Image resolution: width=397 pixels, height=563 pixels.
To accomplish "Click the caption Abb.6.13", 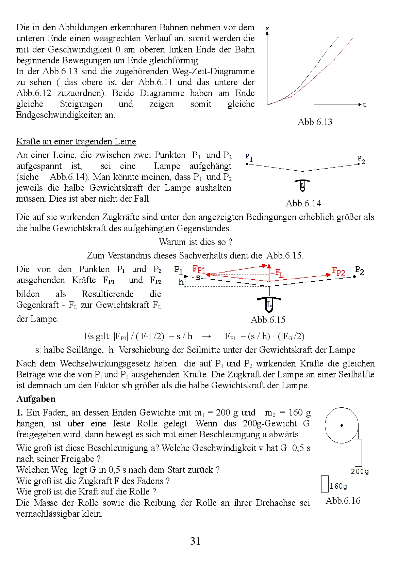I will [x=315, y=122].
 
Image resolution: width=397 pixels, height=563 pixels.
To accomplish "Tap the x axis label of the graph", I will [x=267, y=29].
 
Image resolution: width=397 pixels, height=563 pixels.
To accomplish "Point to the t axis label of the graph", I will [x=364, y=105].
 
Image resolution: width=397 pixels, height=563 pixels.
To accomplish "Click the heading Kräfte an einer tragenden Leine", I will [x=76, y=141].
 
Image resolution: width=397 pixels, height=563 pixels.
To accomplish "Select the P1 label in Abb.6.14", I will [x=249, y=158].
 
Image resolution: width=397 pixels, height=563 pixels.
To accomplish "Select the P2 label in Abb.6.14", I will [x=361, y=159].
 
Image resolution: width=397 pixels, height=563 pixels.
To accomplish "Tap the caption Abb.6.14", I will [x=303, y=203].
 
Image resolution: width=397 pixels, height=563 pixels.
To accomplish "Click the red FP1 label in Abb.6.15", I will [x=199, y=270].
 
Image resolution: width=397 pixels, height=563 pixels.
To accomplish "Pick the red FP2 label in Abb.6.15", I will [x=338, y=272].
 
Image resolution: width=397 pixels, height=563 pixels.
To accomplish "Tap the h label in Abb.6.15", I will [x=181, y=282].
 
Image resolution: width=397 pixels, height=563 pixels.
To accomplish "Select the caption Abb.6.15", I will [x=268, y=320].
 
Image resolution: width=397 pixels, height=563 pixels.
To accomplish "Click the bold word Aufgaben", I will [x=36, y=399].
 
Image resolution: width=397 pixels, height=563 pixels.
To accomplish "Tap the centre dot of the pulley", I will [x=342, y=425].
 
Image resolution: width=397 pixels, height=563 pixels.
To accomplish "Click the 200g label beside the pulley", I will [x=360, y=472].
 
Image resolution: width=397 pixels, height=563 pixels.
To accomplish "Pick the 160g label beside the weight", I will [x=338, y=486].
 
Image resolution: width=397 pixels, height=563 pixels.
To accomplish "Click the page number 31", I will [x=196, y=541].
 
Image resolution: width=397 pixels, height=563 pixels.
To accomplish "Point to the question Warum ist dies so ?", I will [x=196, y=242].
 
